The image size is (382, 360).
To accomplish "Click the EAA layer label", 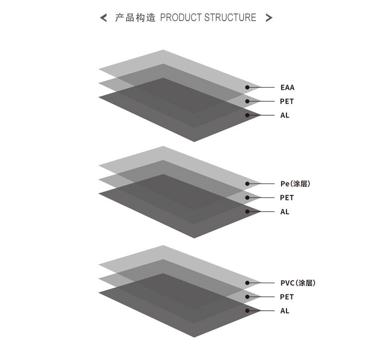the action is pos(287,87).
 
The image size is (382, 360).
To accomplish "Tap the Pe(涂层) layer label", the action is pos(295,184).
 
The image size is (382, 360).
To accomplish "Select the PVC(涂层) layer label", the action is pos(298,283).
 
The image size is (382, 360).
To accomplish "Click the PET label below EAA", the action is pos(287,101).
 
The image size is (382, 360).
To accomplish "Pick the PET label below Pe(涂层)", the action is pos(287,197).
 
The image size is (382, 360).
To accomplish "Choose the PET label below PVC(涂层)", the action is pos(287,297).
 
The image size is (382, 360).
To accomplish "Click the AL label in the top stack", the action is pos(285,115).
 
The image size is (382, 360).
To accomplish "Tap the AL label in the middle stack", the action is pos(285,212).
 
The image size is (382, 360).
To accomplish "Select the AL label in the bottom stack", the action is pos(285,311).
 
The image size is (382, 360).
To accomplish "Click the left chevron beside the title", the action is pos(103,18).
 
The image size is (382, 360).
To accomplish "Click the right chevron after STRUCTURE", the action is pos(269,18).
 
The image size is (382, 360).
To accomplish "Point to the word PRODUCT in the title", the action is pos(181,18).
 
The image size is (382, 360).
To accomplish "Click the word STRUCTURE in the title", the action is pos(230,18).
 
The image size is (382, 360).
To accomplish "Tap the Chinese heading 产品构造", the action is pos(135,18).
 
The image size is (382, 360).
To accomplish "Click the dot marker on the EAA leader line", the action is pos(247,87).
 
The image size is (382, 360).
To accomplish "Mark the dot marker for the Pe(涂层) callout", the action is pos(247,184).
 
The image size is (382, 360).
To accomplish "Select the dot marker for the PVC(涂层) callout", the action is pos(247,283).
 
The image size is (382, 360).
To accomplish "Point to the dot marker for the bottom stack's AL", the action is pos(247,311).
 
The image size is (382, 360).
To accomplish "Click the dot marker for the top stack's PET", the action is pos(247,101).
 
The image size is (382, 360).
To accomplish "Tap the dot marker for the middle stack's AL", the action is pos(247,212).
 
